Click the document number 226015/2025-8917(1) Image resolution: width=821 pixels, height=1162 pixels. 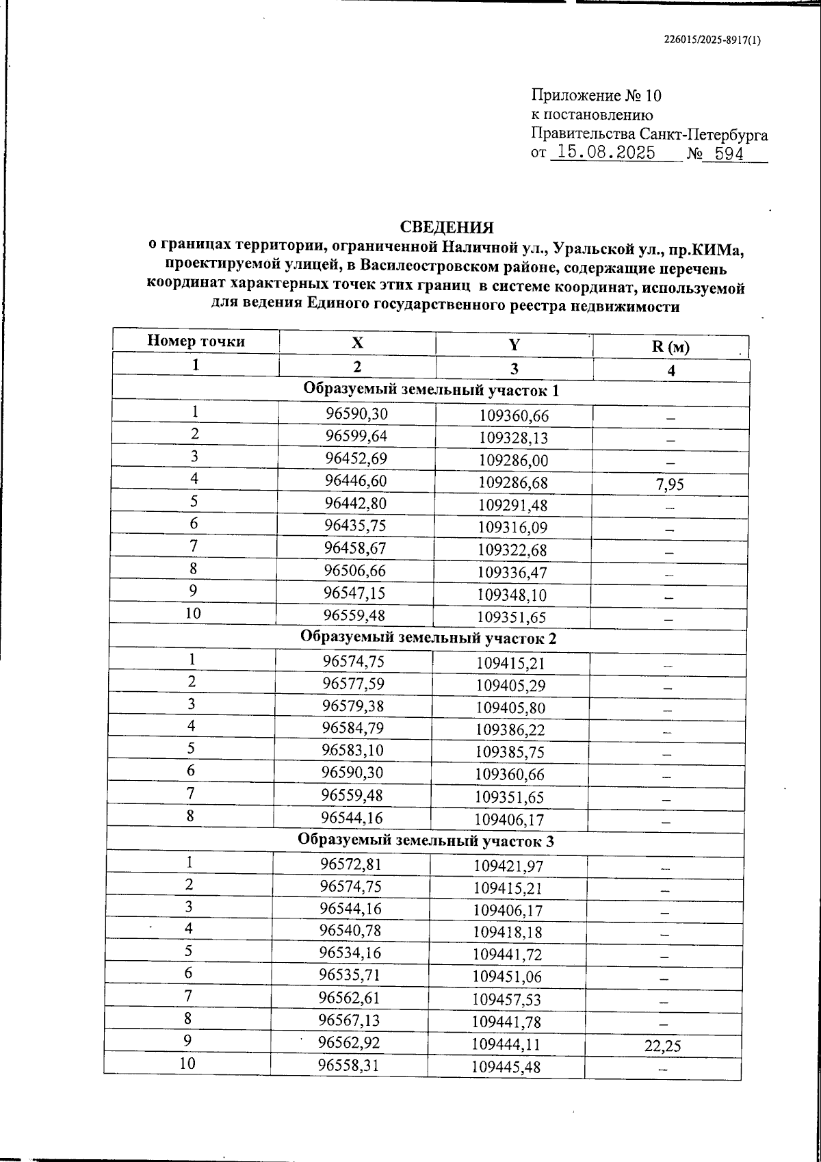(x=712, y=40)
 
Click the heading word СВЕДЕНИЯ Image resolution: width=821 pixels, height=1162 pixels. (x=447, y=227)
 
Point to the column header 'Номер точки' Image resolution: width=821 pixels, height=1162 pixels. (x=196, y=341)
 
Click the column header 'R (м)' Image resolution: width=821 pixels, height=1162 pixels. (x=670, y=347)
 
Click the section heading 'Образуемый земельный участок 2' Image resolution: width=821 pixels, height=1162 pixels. (x=429, y=638)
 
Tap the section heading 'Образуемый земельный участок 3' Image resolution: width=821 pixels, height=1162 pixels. (x=426, y=841)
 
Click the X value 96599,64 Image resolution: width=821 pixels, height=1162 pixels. (x=356, y=435)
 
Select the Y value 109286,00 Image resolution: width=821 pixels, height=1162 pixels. (x=513, y=461)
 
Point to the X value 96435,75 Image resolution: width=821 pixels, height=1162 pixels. (x=355, y=526)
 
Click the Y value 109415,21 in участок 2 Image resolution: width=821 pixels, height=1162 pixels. (x=510, y=663)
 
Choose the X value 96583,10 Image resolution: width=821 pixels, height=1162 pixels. (x=352, y=750)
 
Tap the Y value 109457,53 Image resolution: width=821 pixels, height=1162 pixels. (x=507, y=1000)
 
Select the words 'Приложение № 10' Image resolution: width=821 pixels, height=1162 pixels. (x=596, y=95)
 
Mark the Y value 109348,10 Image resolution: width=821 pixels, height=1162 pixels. (x=512, y=595)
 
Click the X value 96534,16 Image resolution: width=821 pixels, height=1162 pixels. (x=350, y=953)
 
